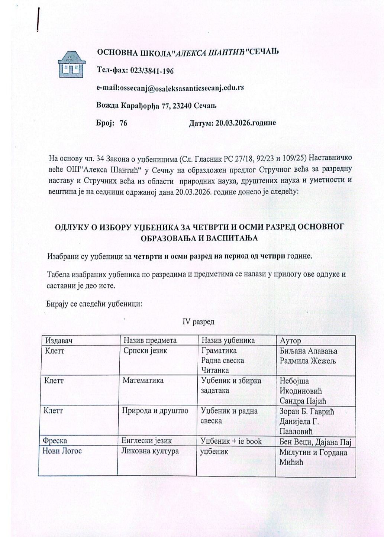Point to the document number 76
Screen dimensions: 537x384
click(123, 123)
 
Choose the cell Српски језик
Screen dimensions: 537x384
click(145, 351)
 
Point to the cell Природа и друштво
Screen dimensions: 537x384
click(155, 411)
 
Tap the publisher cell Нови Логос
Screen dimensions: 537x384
click(62, 451)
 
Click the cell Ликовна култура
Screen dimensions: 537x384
click(150, 451)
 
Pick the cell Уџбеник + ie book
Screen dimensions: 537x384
click(231, 441)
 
